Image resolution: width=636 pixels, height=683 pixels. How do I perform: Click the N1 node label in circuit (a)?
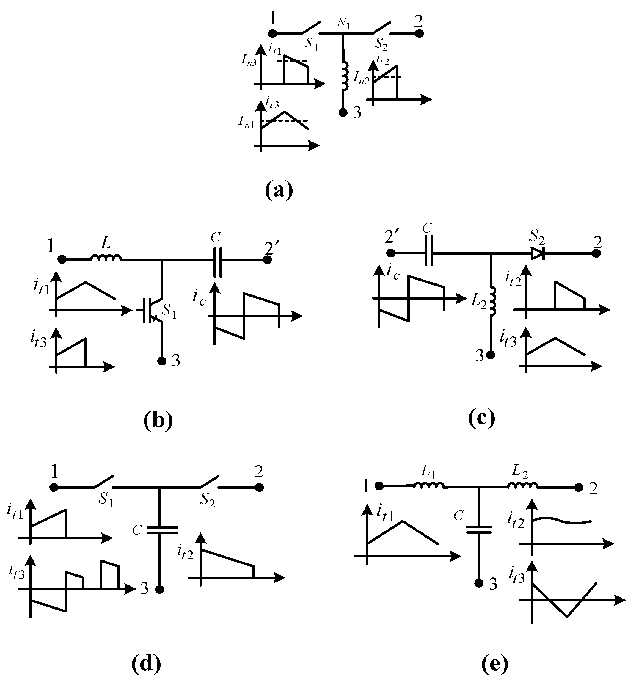[343, 23]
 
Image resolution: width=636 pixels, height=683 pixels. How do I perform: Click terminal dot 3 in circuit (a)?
[343, 113]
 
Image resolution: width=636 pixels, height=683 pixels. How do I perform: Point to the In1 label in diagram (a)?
[246, 122]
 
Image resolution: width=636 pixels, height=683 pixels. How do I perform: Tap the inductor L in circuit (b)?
[106, 258]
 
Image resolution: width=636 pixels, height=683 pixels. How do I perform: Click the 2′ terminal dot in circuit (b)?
[268, 259]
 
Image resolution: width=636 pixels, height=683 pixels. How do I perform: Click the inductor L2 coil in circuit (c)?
[491, 301]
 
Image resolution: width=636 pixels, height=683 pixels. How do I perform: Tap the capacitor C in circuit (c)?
[429, 253]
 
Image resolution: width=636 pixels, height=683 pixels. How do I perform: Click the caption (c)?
[481, 418]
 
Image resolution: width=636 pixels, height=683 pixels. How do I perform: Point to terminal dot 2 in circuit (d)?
[259, 487]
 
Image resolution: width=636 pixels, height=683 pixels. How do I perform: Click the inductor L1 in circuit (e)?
[428, 485]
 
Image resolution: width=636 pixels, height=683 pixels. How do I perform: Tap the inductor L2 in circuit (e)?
[523, 485]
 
